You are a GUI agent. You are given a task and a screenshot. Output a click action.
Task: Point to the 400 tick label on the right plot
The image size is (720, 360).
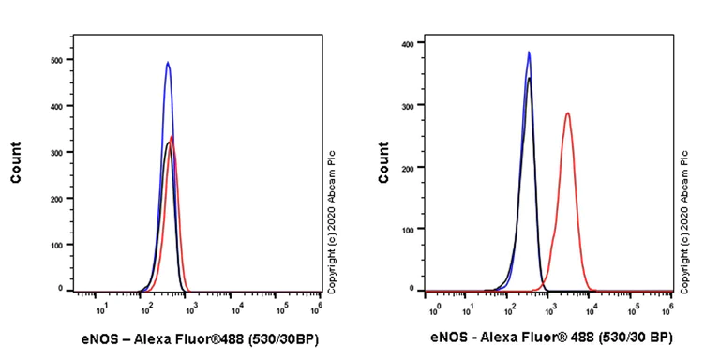[x=408, y=43]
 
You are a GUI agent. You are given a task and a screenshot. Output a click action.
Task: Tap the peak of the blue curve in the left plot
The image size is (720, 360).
[x=168, y=63]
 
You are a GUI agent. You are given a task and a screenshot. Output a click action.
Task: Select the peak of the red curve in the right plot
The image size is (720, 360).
[x=567, y=113]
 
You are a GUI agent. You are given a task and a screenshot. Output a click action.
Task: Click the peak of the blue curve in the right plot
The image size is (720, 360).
[x=529, y=52]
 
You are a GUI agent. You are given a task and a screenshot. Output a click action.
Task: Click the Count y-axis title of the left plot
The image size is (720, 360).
[x=16, y=162]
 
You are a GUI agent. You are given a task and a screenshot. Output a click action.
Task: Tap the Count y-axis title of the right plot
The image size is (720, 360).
[x=383, y=162]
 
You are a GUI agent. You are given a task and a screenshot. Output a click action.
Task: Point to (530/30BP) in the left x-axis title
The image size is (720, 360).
[x=277, y=338]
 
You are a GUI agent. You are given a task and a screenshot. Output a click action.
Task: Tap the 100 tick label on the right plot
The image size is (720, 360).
[x=408, y=228]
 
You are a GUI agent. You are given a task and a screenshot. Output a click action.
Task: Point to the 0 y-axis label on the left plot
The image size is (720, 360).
[x=61, y=288]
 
